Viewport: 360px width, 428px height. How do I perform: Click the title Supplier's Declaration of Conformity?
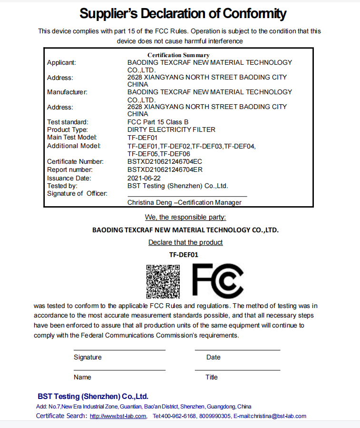pyautogui.click(x=183, y=13)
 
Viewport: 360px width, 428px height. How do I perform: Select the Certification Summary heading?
pyautogui.click(x=178, y=55)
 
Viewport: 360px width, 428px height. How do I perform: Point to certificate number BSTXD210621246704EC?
pyautogui.click(x=165, y=162)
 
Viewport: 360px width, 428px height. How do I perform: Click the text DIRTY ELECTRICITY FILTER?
pyautogui.click(x=171, y=129)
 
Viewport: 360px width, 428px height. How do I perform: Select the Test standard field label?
pyautogui.click(x=68, y=122)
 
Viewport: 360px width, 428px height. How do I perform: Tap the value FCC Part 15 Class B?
pyautogui.click(x=158, y=122)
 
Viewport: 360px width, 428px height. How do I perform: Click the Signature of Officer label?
pyautogui.click(x=77, y=193)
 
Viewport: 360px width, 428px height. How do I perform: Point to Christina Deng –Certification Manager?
pyautogui.click(x=185, y=202)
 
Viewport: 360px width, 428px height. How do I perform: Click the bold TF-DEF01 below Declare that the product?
pyautogui.click(x=184, y=255)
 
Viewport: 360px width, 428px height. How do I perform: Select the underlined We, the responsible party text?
pyautogui.click(x=185, y=218)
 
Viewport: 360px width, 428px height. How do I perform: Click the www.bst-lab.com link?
pyautogui.click(x=118, y=416)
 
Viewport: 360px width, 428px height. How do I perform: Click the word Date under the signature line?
pyautogui.click(x=214, y=357)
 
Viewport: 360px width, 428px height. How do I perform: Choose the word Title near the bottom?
pyautogui.click(x=212, y=377)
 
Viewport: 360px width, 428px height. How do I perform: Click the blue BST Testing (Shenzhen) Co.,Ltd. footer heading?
pyautogui.click(x=93, y=396)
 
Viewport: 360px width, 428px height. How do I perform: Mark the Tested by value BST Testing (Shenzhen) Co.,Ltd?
pyautogui.click(x=178, y=186)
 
